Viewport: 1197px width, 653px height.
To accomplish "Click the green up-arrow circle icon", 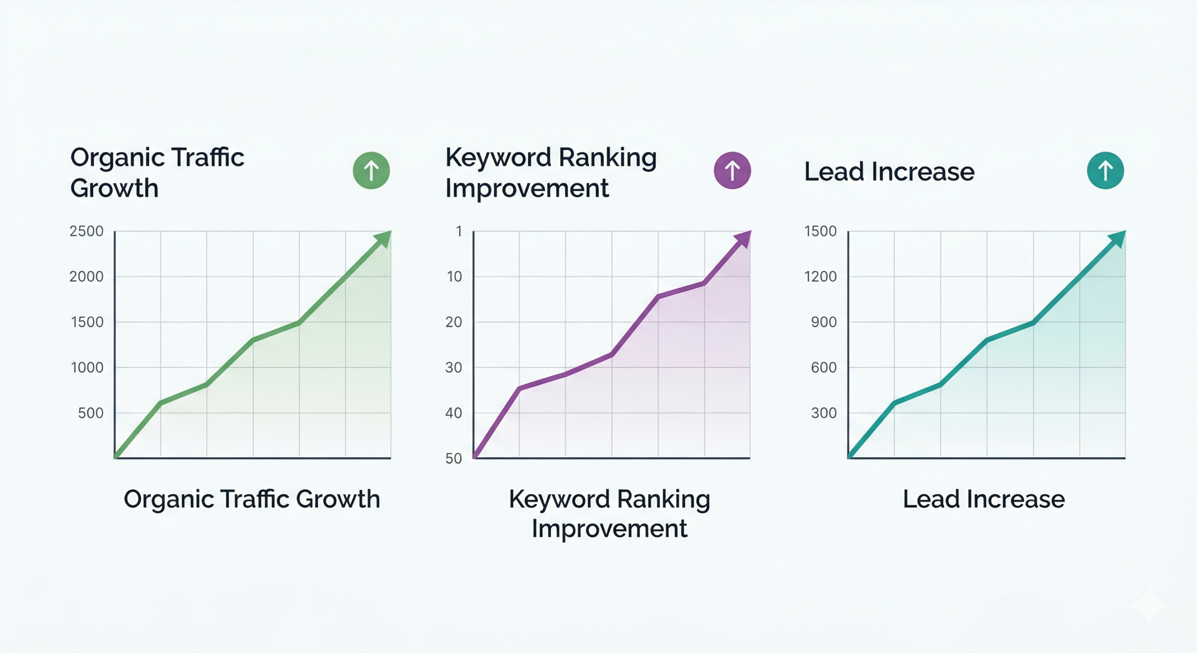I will coord(371,170).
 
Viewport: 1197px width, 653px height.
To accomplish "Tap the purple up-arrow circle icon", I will coord(732,170).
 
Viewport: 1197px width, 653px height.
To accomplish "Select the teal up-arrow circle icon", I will coord(1105,170).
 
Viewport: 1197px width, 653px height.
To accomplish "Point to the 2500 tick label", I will coord(87,231).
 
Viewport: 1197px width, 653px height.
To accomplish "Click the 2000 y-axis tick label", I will coord(87,276).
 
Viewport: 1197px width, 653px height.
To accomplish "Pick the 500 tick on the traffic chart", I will coord(91,413).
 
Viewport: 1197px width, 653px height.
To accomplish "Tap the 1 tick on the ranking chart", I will coord(459,231).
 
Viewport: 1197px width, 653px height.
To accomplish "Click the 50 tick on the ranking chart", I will coord(454,458).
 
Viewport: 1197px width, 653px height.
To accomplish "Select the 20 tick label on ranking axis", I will coord(454,322).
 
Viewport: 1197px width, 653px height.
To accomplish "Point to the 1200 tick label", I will coord(821,276).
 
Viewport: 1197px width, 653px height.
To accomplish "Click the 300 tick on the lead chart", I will coord(824,413).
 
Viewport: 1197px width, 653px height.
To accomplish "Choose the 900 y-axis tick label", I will coord(824,322).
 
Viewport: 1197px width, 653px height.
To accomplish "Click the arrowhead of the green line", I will coord(383,239).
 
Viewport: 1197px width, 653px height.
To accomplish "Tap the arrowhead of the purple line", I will coord(743,239).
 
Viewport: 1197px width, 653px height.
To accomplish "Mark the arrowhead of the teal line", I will coord(1118,239).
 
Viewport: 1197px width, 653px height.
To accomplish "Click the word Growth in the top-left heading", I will coord(115,188).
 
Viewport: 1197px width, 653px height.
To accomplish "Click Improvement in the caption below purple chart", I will coord(609,529).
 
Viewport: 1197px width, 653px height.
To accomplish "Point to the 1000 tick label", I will coord(87,368).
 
